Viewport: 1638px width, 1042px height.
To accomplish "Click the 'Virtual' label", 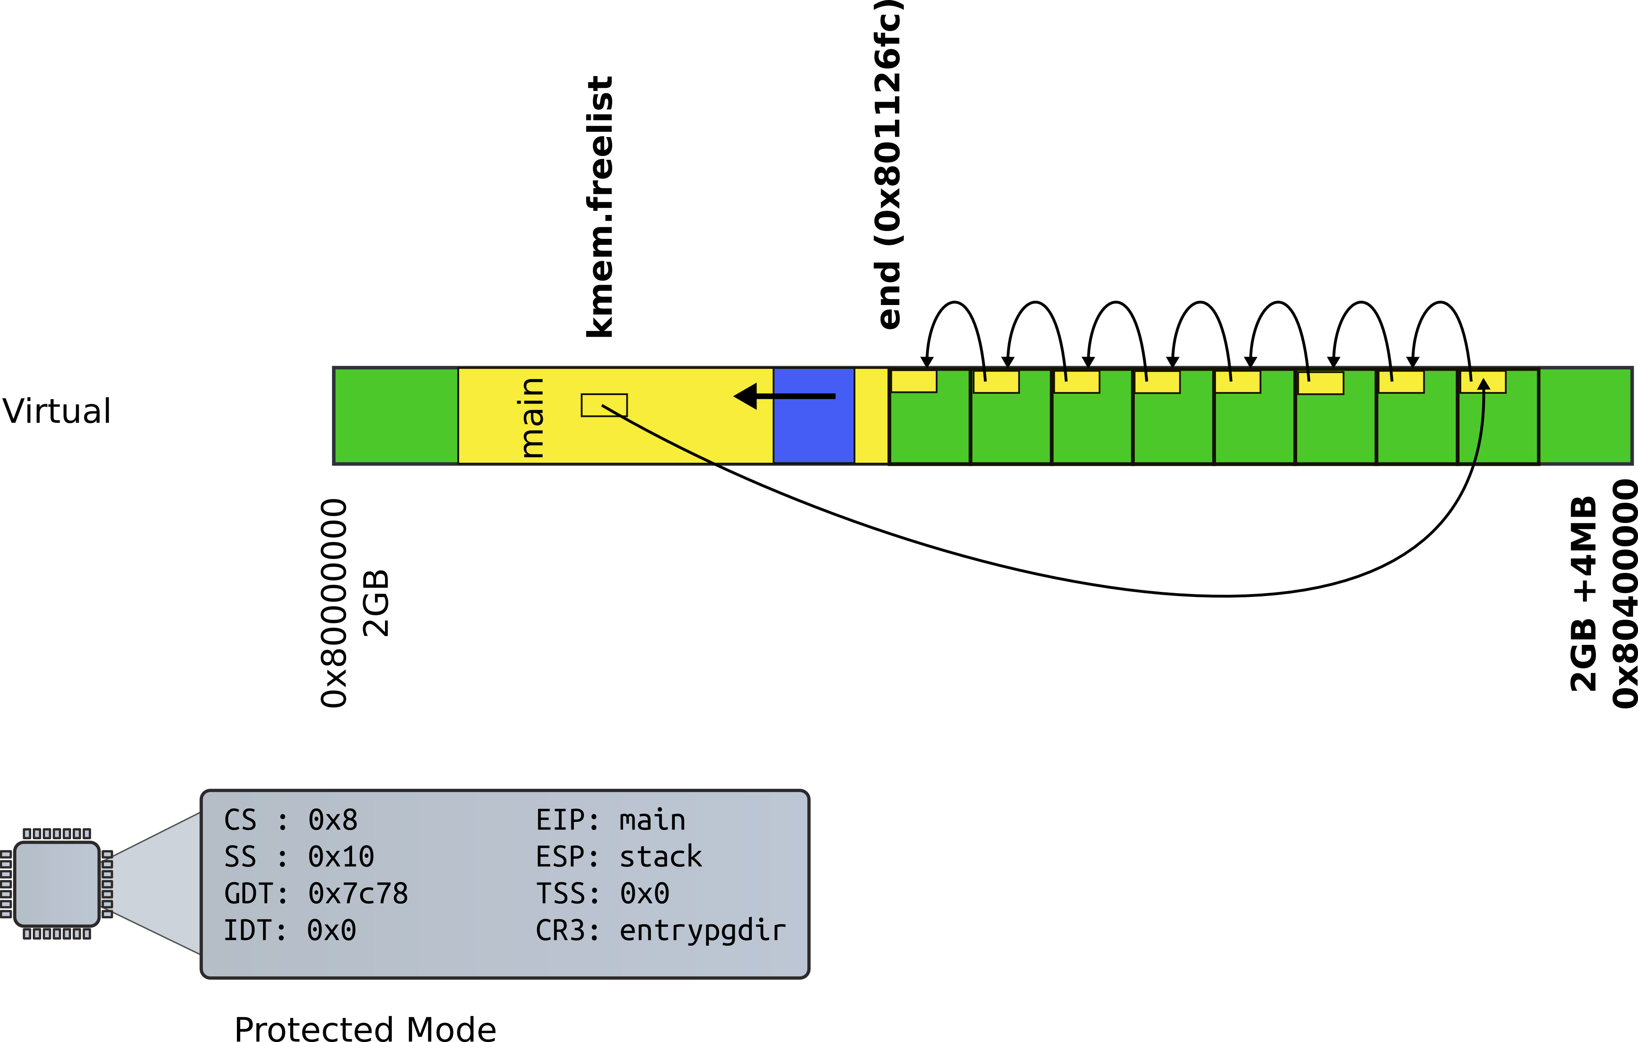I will click(56, 411).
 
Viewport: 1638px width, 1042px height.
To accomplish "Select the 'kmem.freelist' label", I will click(600, 206).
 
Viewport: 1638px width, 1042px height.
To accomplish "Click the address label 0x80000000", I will click(334, 603).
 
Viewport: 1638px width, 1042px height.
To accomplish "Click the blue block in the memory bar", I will click(814, 416).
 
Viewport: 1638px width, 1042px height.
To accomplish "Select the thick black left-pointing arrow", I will click(784, 396).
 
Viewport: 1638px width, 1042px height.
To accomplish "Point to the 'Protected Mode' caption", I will click(365, 1029).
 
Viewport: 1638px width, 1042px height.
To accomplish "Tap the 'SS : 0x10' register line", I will click(299, 856).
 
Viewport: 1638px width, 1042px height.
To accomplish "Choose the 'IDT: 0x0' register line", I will click(290, 931).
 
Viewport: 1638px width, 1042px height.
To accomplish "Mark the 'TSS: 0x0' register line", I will click(603, 894).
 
